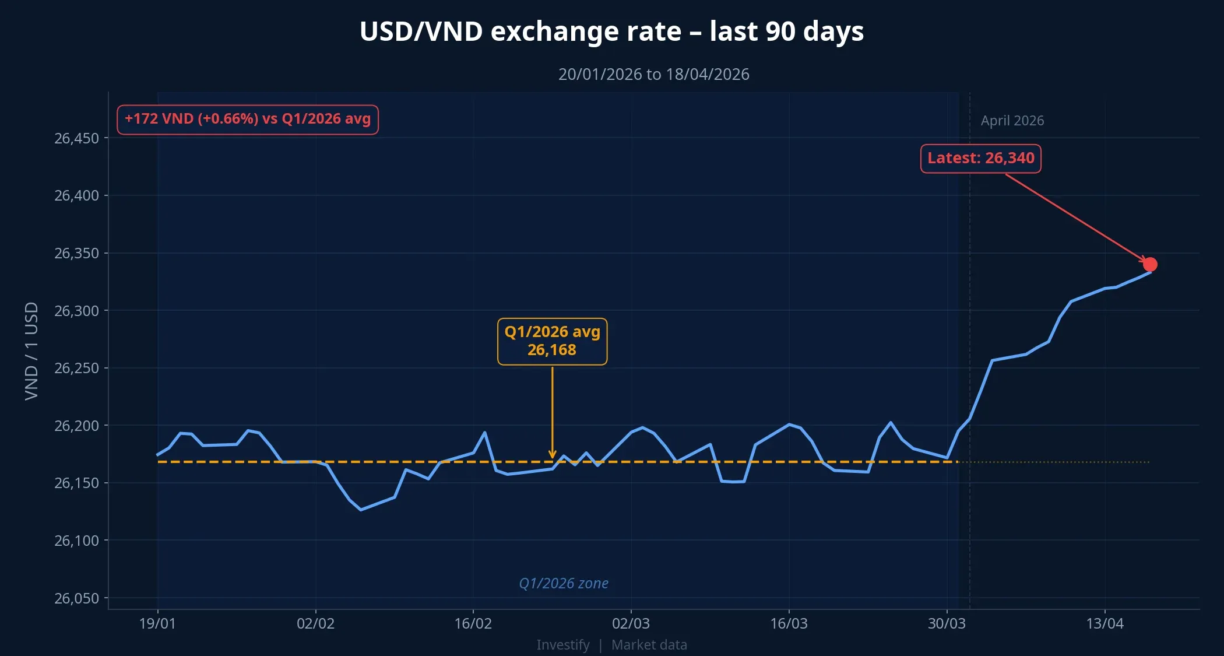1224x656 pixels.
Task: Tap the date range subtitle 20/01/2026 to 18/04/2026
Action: [x=653, y=75]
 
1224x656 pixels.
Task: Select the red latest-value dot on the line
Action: [x=1149, y=265]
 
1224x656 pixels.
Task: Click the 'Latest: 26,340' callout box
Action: [x=980, y=158]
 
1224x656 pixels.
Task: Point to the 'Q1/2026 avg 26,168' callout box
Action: [x=552, y=341]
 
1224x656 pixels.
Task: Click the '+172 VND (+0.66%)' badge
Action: [x=248, y=120]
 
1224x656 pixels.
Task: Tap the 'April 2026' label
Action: [x=1012, y=121]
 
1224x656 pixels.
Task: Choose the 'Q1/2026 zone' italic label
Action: [x=563, y=583]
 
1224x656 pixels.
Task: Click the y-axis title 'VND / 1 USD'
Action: [x=31, y=351]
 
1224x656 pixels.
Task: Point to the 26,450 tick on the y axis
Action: [x=76, y=138]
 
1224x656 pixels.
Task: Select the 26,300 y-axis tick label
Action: [x=76, y=311]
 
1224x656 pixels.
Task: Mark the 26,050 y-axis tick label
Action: [x=76, y=598]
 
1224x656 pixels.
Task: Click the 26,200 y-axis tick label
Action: [x=76, y=426]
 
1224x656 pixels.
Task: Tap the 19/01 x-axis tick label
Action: [x=157, y=623]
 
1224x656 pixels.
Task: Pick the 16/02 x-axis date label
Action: [x=473, y=623]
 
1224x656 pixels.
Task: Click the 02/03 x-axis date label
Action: [x=631, y=623]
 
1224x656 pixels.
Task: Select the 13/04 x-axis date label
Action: [x=1105, y=623]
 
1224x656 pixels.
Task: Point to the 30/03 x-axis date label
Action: [x=947, y=623]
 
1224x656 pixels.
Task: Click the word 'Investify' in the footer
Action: [x=562, y=645]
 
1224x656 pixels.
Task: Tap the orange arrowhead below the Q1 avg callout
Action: [x=552, y=455]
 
